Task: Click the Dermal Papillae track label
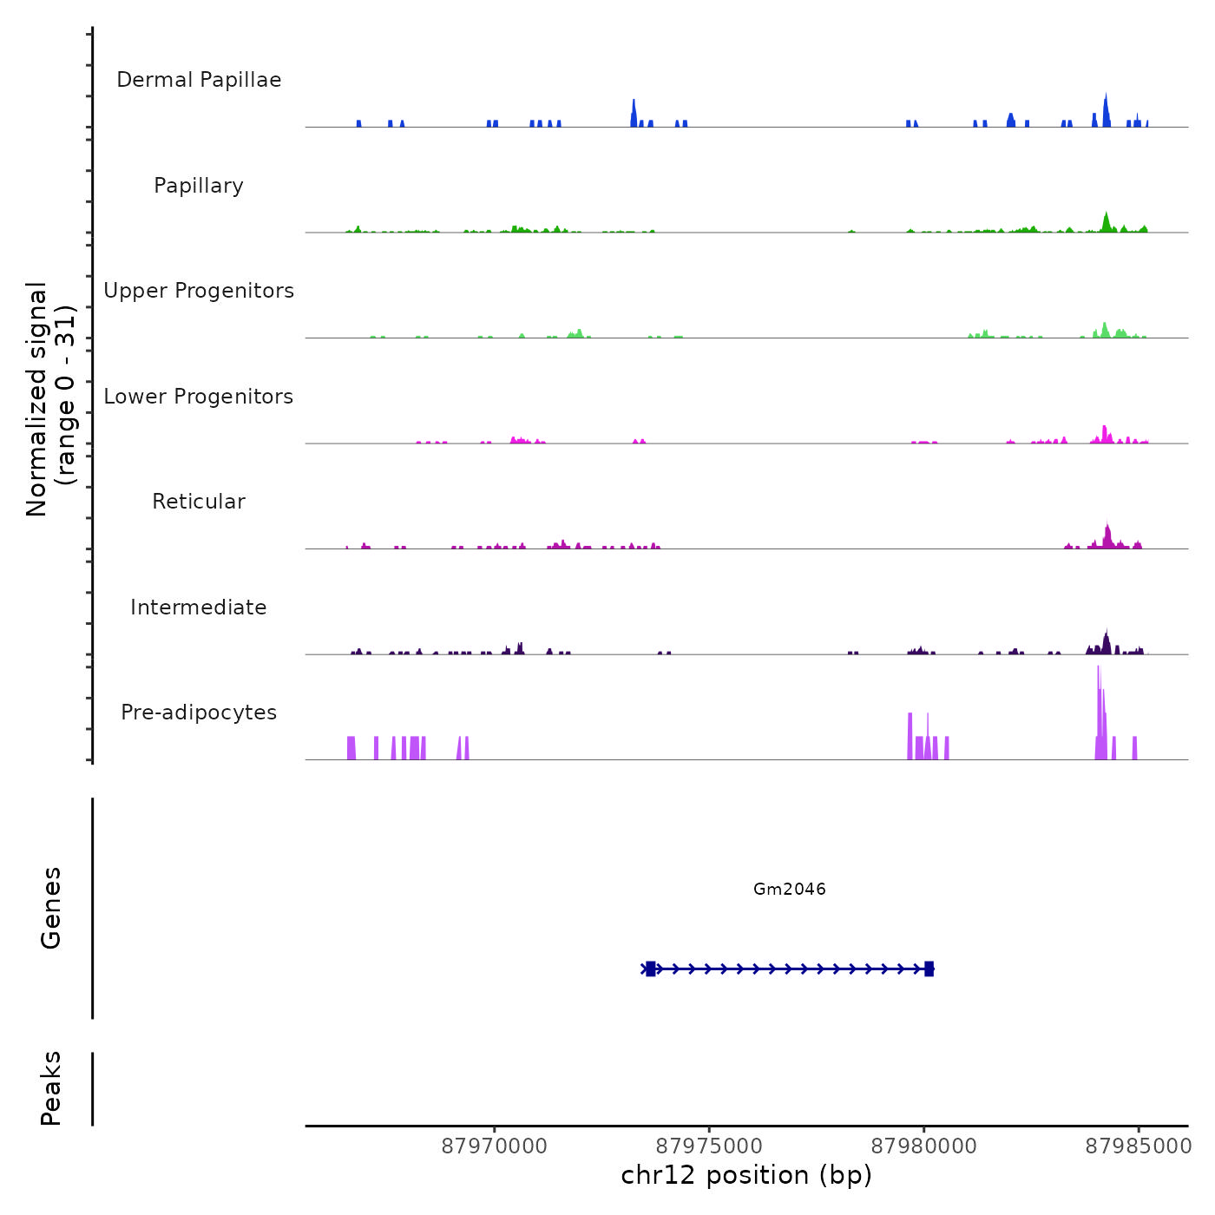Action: click(199, 80)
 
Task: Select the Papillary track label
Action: click(199, 186)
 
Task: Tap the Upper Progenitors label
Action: click(199, 291)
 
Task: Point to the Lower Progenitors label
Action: click(199, 397)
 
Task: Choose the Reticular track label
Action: click(199, 502)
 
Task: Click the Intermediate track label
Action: click(199, 607)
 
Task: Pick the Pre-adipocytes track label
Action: click(199, 713)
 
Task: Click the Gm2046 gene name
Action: click(790, 889)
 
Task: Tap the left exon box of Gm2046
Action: click(651, 969)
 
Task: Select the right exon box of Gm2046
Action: click(929, 969)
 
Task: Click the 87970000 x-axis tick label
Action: click(495, 1146)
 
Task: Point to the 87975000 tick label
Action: click(709, 1146)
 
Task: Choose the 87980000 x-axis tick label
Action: click(923, 1146)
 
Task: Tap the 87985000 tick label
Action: click(1138, 1146)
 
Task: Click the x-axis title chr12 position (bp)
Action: click(746, 1175)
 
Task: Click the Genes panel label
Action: click(51, 908)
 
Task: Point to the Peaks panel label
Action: click(51, 1088)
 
